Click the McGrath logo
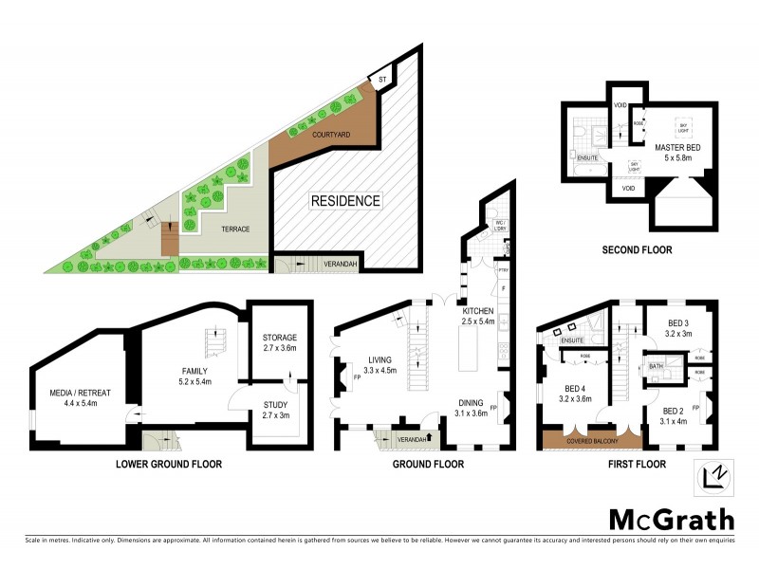pos(671,519)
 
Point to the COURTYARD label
pos(331,136)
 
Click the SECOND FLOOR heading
pos(637,250)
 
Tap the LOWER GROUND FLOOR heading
pos(168,465)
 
